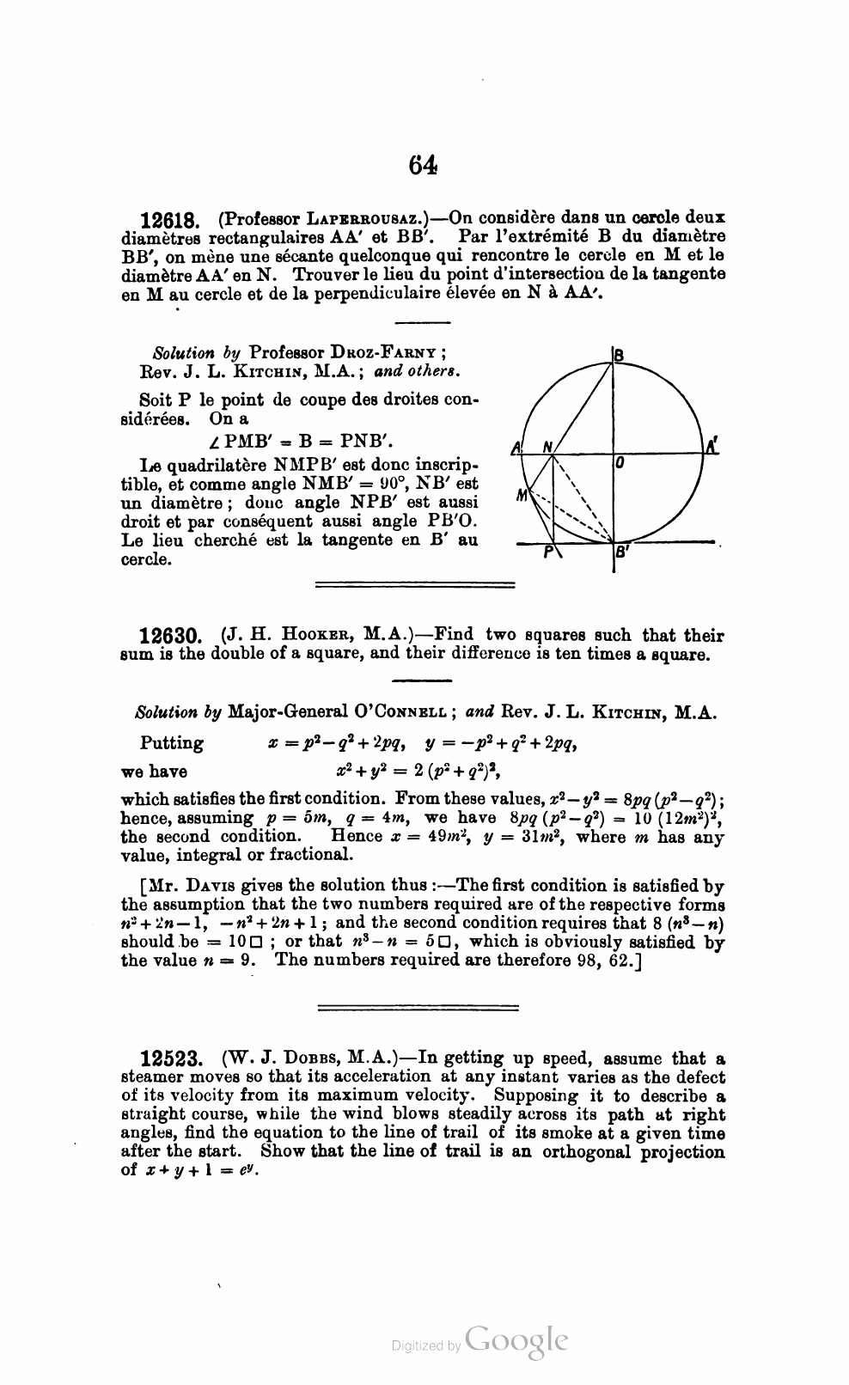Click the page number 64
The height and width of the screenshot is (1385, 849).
(x=424, y=164)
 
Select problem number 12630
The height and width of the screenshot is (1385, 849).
(x=170, y=637)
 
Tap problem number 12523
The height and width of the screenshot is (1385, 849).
(x=170, y=1059)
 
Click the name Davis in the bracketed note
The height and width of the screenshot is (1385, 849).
(x=202, y=885)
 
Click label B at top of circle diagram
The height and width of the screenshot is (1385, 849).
(x=619, y=353)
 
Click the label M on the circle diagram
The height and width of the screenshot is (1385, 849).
(x=521, y=495)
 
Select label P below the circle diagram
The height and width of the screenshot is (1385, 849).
(x=547, y=556)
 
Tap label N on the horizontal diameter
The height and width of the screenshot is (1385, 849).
(x=547, y=446)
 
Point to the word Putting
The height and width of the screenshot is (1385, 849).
(x=172, y=743)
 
